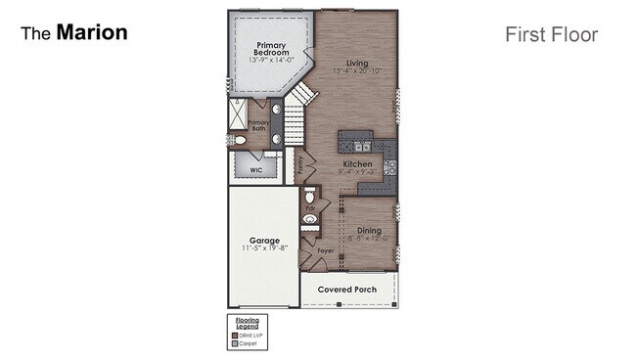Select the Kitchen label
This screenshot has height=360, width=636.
coord(356,163)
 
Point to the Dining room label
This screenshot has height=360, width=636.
coord(368,230)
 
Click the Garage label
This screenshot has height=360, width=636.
coord(263,240)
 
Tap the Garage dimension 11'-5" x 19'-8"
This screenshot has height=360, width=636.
coord(263,248)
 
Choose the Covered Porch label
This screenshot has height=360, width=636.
coord(348,291)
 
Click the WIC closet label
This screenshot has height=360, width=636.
coord(255,169)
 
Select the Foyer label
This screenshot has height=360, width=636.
coord(326,251)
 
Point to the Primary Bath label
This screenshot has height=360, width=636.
coord(258,126)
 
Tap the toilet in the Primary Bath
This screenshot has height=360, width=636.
coord(240,141)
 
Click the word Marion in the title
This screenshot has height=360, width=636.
coord(92,32)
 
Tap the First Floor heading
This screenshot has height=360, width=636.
coord(551,35)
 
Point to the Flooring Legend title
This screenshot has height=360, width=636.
coord(246,323)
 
